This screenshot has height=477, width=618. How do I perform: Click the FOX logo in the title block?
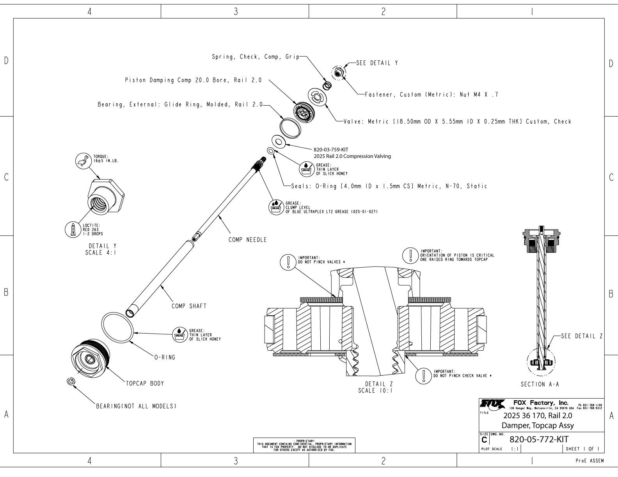493,403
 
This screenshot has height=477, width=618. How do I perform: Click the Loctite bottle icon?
73,229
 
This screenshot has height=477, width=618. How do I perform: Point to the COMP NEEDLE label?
247,240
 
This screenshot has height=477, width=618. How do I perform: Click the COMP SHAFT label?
189,306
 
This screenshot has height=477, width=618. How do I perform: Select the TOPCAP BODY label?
144,383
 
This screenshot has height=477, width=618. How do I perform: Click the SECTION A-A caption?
540,384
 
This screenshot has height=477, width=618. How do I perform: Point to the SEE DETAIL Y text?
377,63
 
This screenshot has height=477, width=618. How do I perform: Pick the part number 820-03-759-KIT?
331,150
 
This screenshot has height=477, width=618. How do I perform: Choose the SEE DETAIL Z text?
582,336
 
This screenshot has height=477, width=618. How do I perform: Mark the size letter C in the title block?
484,440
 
